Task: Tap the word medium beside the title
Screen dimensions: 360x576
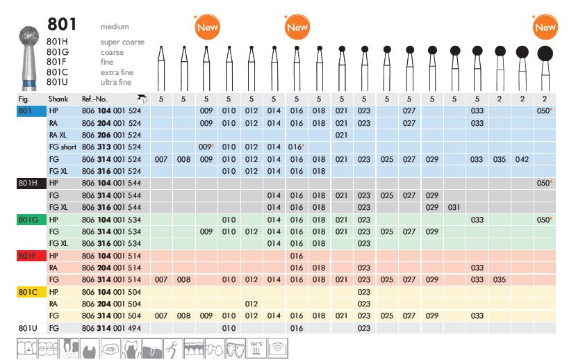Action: [115, 26]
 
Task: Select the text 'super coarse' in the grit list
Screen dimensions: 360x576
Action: [122, 42]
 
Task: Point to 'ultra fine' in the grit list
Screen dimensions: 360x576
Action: [116, 82]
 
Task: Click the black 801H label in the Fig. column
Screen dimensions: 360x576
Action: [27, 182]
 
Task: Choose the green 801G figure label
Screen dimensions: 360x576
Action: [27, 220]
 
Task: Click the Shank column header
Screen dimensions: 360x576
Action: [58, 99]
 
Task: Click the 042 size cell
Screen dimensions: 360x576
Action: [522, 159]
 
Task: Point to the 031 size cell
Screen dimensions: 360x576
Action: [454, 207]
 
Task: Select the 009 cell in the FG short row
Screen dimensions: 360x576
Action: [206, 147]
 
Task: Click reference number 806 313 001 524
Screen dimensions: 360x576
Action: [111, 147]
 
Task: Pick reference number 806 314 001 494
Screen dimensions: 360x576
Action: [111, 327]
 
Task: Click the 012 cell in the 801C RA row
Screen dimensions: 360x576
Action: [251, 303]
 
